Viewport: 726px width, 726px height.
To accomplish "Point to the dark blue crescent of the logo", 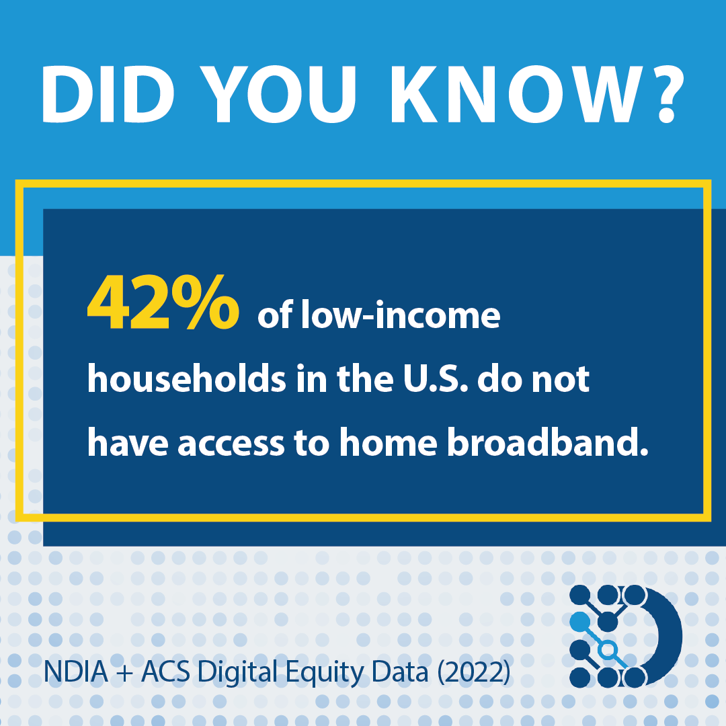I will pyautogui.click(x=667, y=636).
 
